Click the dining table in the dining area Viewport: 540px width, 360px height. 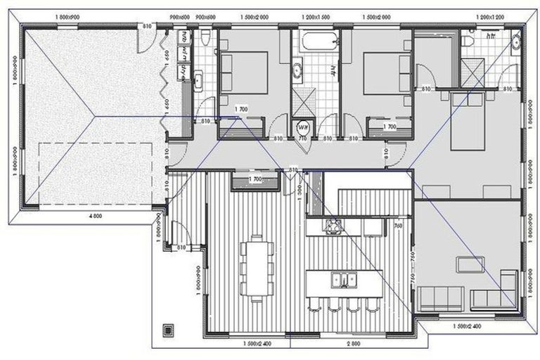coord(255,268)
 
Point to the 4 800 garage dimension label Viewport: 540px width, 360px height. coord(93,214)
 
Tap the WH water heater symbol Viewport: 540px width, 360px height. coord(303,128)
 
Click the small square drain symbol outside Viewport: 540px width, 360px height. coord(167,328)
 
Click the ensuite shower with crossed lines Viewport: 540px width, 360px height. coord(472,71)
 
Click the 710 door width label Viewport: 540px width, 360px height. coord(303,139)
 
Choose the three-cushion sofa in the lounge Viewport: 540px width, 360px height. coord(439,297)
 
